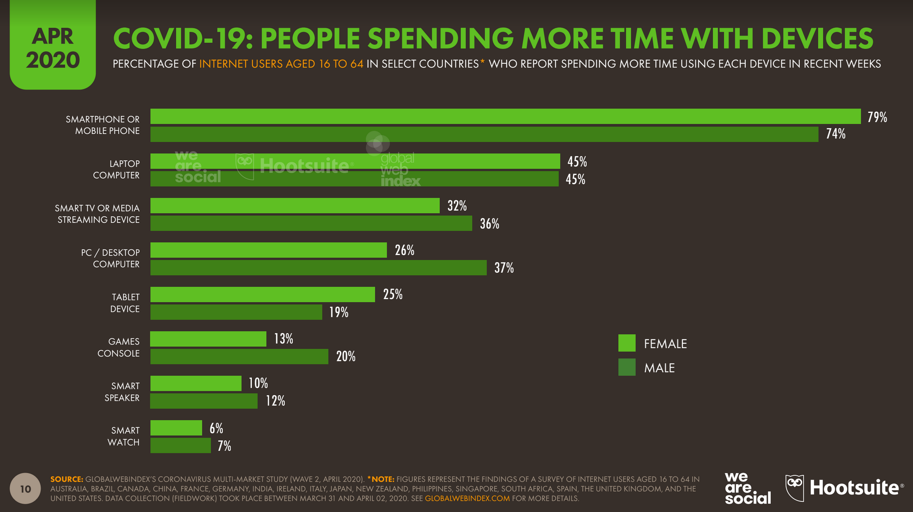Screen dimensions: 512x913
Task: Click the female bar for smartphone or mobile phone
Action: click(x=505, y=116)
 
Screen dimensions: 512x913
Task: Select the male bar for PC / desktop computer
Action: click(x=318, y=267)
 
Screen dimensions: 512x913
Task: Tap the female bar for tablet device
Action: click(x=262, y=294)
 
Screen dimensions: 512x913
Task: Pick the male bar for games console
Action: click(x=239, y=356)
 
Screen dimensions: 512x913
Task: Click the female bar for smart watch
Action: click(x=176, y=428)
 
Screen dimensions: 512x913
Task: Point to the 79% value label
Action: click(x=877, y=117)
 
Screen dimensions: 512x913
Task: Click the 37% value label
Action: click(x=504, y=268)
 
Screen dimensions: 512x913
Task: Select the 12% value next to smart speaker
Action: click(x=275, y=401)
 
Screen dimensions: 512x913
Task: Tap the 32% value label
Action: click(x=457, y=206)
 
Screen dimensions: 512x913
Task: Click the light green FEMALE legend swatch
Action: click(x=626, y=343)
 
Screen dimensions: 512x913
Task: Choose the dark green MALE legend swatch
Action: click(x=626, y=367)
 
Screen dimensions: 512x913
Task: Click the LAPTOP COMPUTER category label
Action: click(x=116, y=169)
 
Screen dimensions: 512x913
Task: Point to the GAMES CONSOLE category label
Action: click(x=118, y=347)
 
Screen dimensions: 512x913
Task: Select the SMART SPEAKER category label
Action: click(x=122, y=392)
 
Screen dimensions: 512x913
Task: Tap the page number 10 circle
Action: click(x=25, y=488)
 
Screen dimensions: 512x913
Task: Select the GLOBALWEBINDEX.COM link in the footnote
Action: click(x=467, y=499)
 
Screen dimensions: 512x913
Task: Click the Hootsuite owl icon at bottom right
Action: click(x=795, y=487)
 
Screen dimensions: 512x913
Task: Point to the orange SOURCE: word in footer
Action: click(x=66, y=479)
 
